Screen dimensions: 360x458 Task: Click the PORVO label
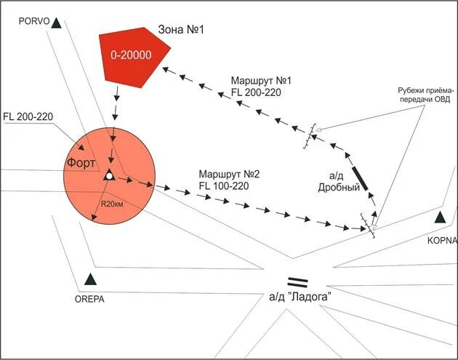[x=35, y=22]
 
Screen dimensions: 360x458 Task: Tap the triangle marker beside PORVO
[x=57, y=23]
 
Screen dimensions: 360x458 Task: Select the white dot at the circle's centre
[x=108, y=176]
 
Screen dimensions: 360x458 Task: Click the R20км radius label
[x=113, y=204]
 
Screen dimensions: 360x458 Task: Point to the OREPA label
[x=90, y=297]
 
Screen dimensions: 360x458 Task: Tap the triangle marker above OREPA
[x=89, y=279]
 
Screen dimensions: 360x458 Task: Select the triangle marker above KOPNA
[x=439, y=217]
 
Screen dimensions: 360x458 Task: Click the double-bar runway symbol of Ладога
[x=298, y=281]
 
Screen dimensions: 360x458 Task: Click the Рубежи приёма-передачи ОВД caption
[x=426, y=96]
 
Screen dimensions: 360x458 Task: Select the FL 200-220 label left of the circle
[x=28, y=116]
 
